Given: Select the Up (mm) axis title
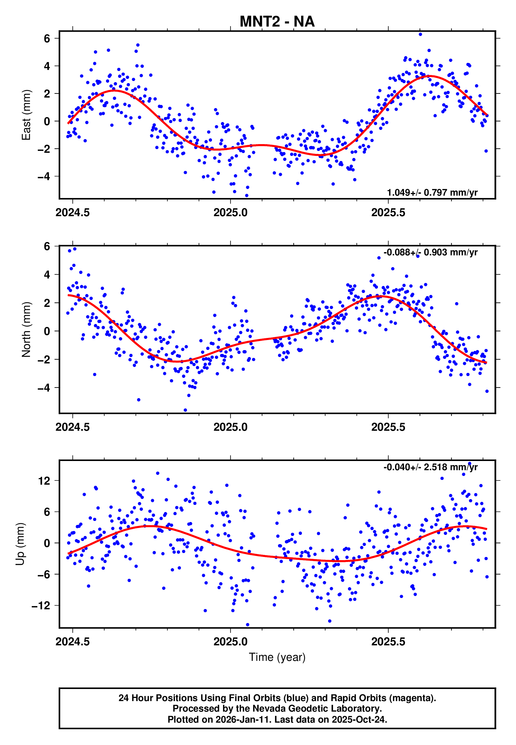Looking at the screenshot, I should [x=20, y=544].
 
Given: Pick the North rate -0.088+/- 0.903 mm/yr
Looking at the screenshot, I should [x=430, y=252].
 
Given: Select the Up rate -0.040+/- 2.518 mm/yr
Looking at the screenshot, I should [x=430, y=467].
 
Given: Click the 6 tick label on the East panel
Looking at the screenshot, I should [x=47, y=38].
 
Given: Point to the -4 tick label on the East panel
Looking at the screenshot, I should [x=44, y=176].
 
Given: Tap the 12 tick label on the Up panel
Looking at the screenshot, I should [x=44, y=481].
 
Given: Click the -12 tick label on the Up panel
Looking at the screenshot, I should [x=41, y=606].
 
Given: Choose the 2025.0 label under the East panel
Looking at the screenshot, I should [x=230, y=213].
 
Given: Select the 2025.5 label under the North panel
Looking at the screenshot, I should [x=388, y=427].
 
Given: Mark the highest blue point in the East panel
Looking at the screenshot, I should [x=420, y=34].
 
